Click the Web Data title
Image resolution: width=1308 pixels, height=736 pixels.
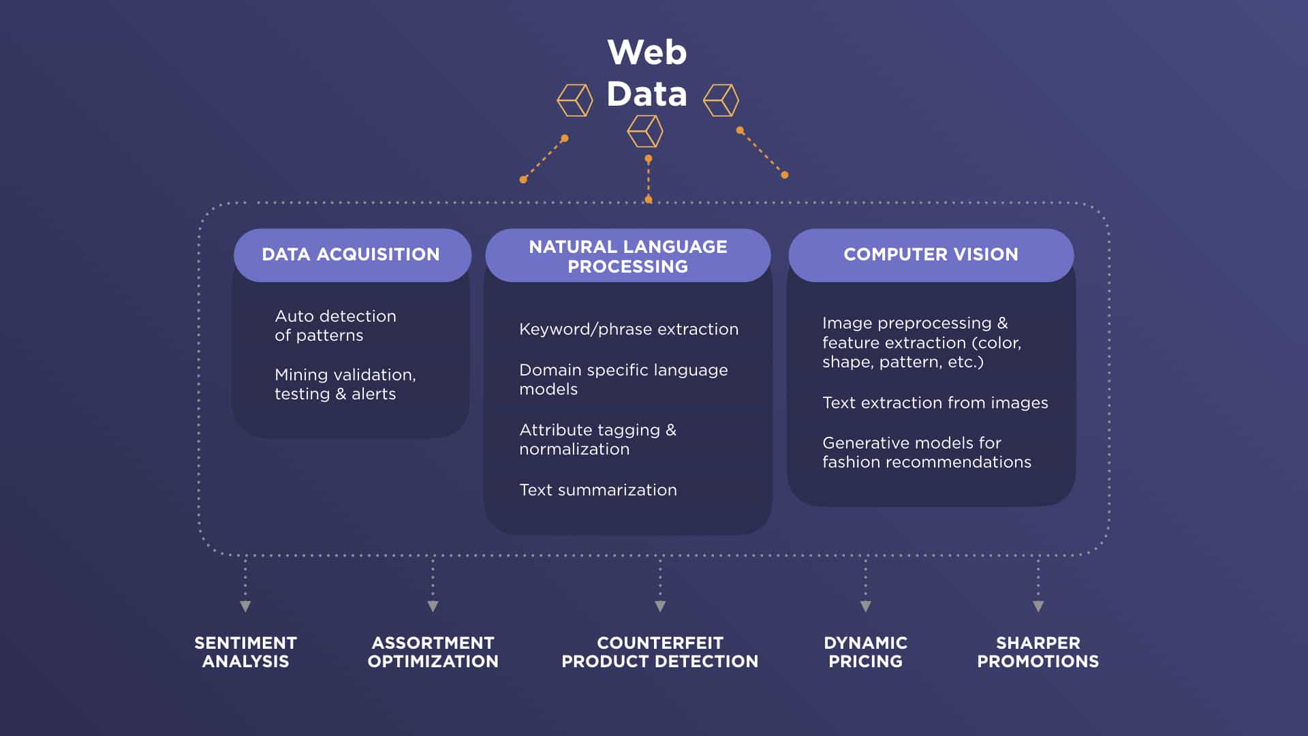pos(647,73)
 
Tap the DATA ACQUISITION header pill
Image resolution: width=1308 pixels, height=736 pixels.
pos(352,255)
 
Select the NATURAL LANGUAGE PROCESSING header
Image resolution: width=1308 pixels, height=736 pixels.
pos(627,256)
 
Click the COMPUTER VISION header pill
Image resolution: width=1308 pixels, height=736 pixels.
pos(931,255)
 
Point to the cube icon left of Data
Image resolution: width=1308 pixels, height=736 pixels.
pos(575,100)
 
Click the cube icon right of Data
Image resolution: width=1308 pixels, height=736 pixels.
pos(721,100)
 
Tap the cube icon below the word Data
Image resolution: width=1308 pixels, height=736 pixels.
pos(645,131)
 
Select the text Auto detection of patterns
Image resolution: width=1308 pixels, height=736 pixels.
pos(335,326)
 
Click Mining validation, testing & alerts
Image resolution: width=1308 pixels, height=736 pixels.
pos(345,384)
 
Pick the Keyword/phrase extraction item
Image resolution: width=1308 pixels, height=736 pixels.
pos(629,329)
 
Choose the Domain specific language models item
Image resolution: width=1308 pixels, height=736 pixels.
pos(623,380)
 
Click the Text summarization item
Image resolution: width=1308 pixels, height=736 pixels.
pos(598,490)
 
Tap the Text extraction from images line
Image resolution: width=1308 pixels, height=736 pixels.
pos(935,403)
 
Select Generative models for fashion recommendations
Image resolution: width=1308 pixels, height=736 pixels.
pos(926,453)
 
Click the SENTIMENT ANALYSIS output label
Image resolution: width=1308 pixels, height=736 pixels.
pos(245,652)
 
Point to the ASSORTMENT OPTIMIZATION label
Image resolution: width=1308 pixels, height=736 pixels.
pos(433,652)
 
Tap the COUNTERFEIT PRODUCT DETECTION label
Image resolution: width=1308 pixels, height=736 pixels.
pos(659,652)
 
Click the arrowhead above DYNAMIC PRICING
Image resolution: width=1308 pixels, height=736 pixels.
pos(865,606)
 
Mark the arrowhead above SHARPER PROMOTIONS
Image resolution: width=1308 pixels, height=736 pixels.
pos(1038,606)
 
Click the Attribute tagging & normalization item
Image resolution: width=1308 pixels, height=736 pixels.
pos(597,440)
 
